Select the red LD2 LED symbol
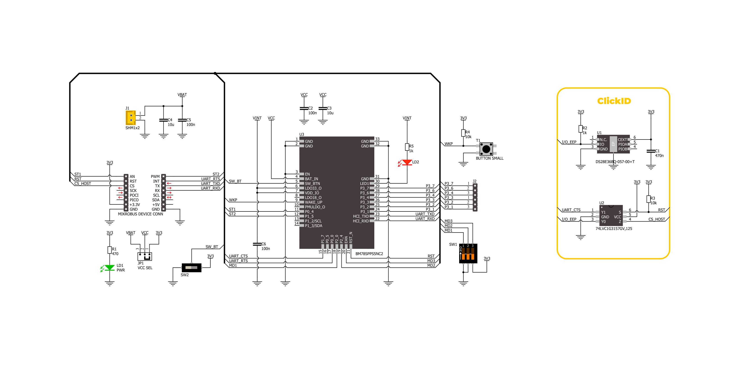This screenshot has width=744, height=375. click(x=407, y=162)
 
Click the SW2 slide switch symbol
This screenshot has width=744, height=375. click(x=191, y=267)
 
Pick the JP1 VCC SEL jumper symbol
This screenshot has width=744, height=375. click(x=145, y=256)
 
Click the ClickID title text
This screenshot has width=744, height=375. click(x=614, y=101)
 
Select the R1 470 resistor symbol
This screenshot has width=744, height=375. click(x=110, y=250)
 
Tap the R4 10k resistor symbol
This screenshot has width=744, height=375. click(x=463, y=133)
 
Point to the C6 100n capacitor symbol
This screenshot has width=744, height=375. click(x=257, y=244)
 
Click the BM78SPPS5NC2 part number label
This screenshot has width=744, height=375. click(x=369, y=254)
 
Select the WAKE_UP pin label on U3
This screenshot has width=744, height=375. click(x=313, y=202)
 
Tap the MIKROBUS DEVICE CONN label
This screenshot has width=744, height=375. click(x=140, y=214)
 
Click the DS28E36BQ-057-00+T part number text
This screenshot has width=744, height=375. click(x=615, y=162)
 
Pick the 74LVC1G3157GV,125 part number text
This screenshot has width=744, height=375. click(x=614, y=229)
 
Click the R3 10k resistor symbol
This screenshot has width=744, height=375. click(x=648, y=199)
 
